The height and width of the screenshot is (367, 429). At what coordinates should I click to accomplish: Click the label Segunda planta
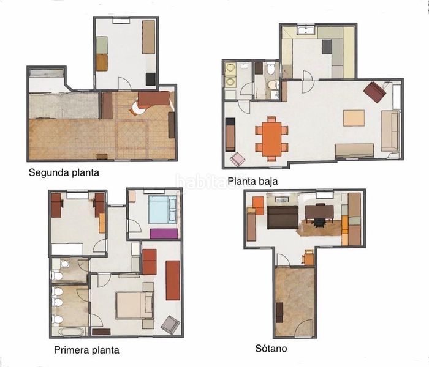(64, 172)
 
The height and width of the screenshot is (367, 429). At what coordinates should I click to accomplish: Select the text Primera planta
(86, 350)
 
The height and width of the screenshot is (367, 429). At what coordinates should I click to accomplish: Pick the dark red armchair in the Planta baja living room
(374, 92)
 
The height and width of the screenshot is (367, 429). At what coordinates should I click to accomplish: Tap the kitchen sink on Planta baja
(305, 30)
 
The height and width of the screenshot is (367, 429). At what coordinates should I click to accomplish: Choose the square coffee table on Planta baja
(354, 117)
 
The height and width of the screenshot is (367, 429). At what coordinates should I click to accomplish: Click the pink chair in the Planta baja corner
(238, 160)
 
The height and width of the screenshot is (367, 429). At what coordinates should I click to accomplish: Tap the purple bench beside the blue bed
(164, 233)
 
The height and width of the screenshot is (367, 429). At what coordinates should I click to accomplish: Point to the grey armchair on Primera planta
(170, 324)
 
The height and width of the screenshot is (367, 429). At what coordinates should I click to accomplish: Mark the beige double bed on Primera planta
(135, 305)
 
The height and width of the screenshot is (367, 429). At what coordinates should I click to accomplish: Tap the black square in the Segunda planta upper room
(150, 78)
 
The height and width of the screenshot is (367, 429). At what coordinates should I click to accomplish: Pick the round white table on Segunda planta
(138, 108)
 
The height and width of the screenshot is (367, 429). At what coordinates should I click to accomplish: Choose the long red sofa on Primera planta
(173, 280)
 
